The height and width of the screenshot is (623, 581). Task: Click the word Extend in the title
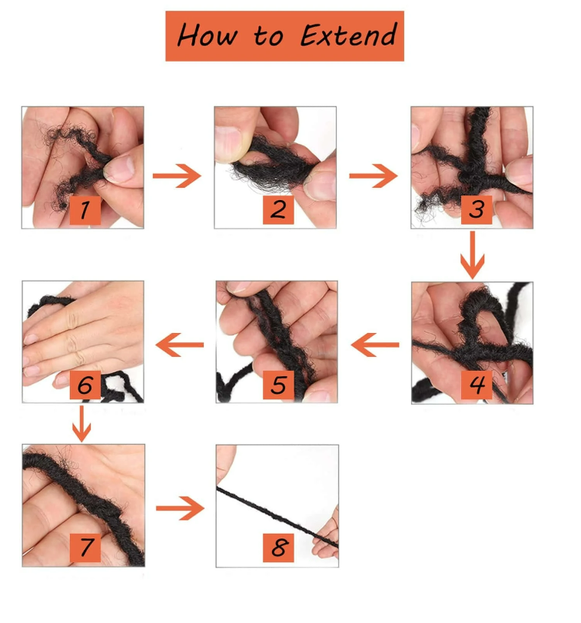click(348, 35)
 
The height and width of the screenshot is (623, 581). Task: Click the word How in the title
click(207, 35)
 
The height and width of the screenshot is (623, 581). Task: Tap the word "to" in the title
click(268, 37)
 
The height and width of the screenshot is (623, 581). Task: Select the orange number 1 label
click(85, 210)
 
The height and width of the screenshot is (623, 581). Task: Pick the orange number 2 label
click(278, 210)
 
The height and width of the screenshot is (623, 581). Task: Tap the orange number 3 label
click(476, 210)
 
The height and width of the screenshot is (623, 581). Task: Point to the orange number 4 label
click(476, 385)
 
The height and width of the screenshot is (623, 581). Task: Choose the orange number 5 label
click(278, 385)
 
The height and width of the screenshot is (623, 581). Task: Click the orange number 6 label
click(85, 385)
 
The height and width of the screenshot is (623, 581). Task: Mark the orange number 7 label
click(85, 548)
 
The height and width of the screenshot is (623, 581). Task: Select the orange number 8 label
click(278, 548)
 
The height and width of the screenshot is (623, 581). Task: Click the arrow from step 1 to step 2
click(177, 175)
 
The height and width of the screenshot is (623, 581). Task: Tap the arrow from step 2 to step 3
click(373, 175)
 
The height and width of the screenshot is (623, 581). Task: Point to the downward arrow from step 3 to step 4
click(472, 255)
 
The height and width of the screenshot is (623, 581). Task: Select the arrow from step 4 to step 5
click(375, 345)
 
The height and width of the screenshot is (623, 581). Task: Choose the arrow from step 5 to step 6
click(180, 345)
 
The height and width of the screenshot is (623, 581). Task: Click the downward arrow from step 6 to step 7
click(81, 424)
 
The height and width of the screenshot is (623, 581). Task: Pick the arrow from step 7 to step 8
click(181, 508)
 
